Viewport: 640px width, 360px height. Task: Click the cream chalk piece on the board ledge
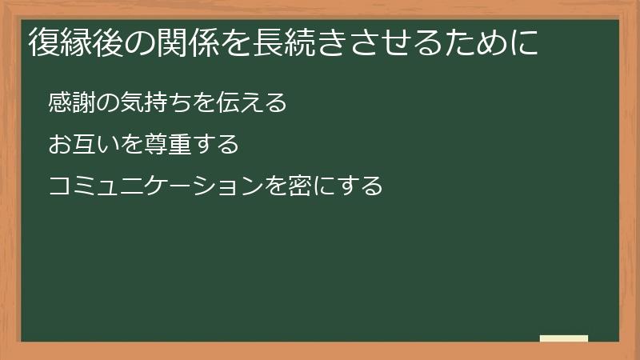tap(563, 338)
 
